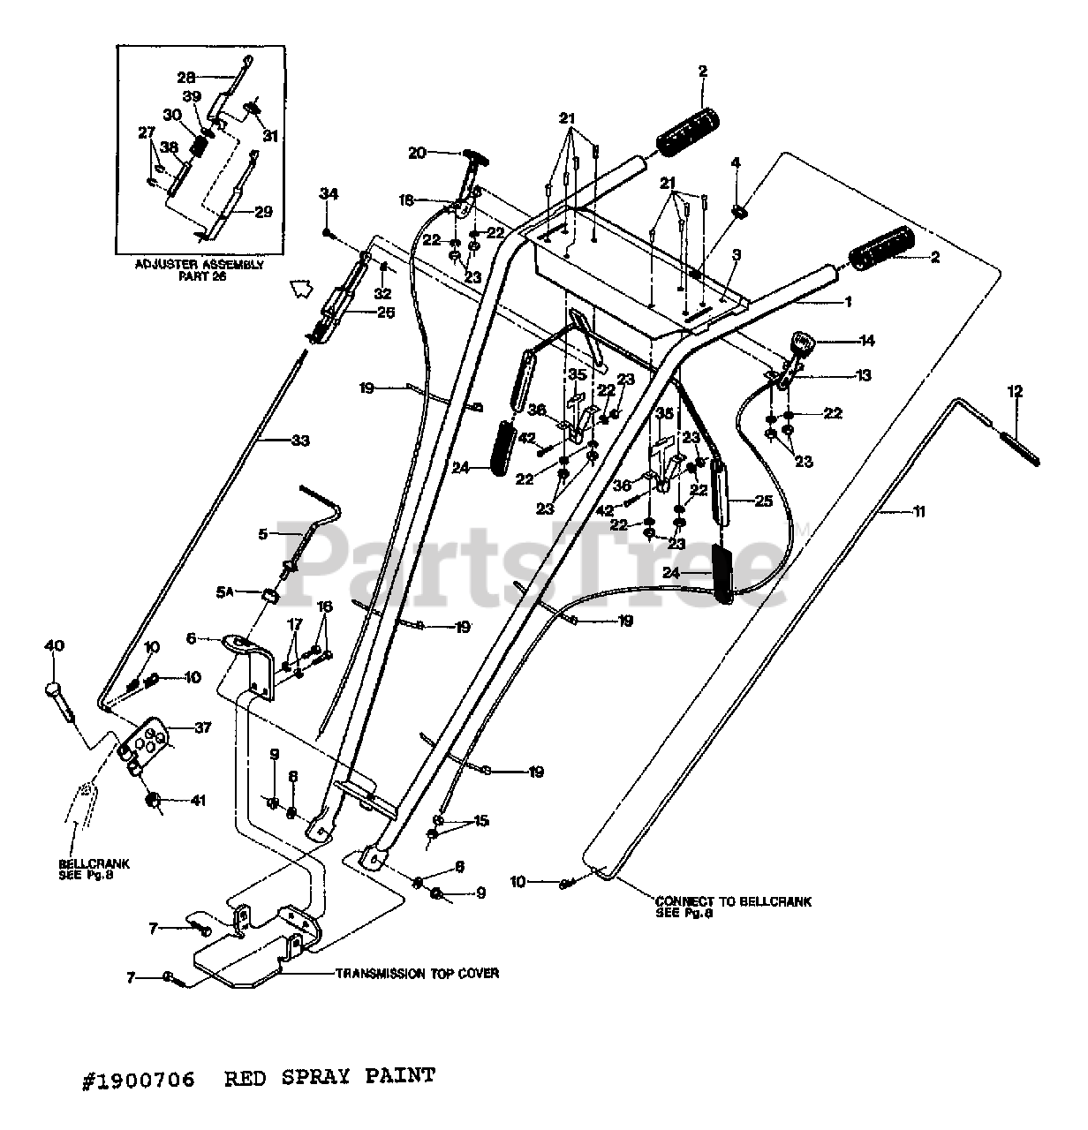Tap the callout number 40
coord(54,646)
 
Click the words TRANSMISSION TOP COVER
coord(417,973)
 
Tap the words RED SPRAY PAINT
coord(329,1076)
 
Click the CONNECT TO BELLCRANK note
coord(732,908)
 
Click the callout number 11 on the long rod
coord(918,511)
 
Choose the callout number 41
coord(199,802)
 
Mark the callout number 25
coord(762,501)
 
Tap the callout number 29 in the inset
coord(263,211)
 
